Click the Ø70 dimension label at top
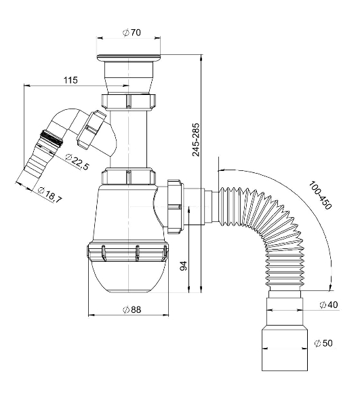[132, 33]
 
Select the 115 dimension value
[71, 80]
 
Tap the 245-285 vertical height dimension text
[196, 140]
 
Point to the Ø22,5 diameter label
[77, 162]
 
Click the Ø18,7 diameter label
[49, 195]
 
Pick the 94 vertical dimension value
[183, 266]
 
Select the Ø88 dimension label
[132, 310]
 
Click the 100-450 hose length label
[320, 195]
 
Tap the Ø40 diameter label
[329, 305]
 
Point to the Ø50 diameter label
[323, 343]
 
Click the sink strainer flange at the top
[129, 58]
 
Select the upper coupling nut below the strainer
[128, 102]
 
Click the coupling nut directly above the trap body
[128, 176]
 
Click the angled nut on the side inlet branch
[91, 130]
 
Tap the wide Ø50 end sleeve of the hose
[285, 349]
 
